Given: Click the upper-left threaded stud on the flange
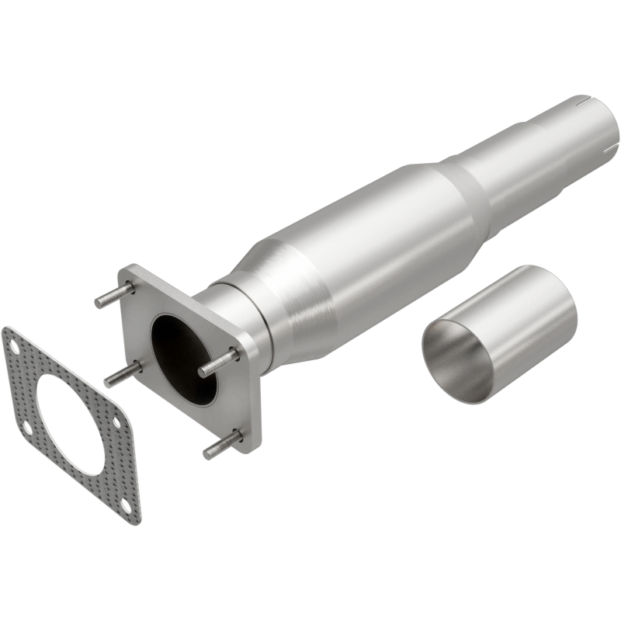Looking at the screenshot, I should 113,295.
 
